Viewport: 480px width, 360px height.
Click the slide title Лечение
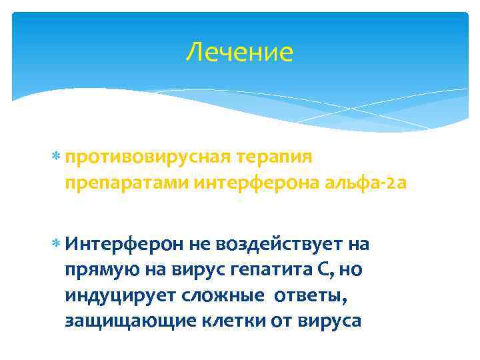(x=239, y=53)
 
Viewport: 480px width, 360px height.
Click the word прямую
(x=99, y=270)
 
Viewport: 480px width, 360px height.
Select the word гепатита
(x=262, y=270)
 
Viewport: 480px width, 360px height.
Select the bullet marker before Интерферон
(x=55, y=245)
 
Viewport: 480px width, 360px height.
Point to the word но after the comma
(x=352, y=270)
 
